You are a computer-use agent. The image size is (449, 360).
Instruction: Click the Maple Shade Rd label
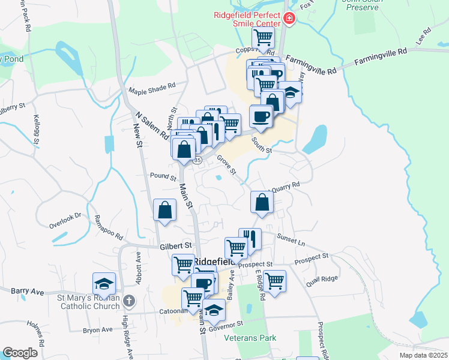[x=153, y=89]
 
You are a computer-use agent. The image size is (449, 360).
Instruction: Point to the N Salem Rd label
[x=152, y=125]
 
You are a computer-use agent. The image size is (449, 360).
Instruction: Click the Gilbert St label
[x=175, y=245]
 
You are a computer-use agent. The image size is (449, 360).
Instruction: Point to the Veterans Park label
[x=250, y=338]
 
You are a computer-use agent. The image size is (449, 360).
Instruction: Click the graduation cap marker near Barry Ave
[x=104, y=283]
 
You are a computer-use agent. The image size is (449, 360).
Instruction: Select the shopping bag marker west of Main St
[x=164, y=210]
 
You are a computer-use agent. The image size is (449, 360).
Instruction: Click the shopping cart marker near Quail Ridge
[x=274, y=281]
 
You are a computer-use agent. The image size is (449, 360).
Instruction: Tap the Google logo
[x=20, y=353]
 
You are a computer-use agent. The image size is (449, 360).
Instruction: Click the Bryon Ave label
[x=98, y=330]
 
